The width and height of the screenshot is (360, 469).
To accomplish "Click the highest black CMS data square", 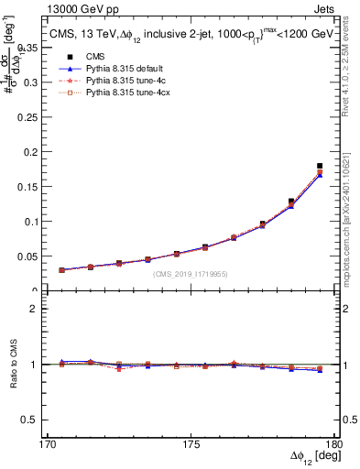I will click(320, 166).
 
